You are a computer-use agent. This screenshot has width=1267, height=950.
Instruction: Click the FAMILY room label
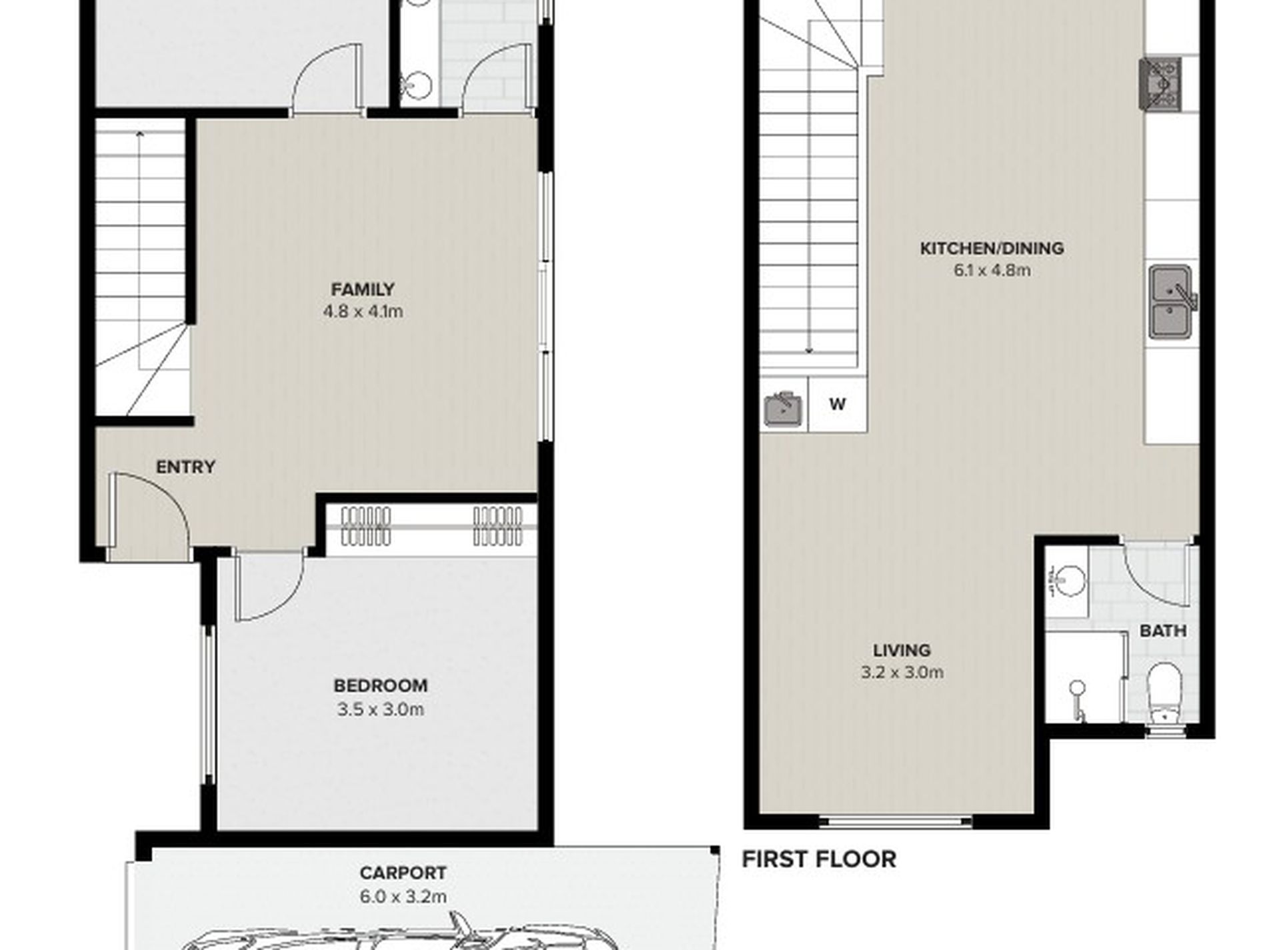click(x=363, y=289)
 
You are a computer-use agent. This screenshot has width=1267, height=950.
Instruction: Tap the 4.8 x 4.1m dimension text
click(x=363, y=311)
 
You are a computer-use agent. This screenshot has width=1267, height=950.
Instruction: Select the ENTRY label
click(x=185, y=467)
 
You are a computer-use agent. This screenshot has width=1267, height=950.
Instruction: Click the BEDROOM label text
click(x=381, y=685)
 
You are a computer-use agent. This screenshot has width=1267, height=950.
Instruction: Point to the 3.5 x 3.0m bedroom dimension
click(x=381, y=709)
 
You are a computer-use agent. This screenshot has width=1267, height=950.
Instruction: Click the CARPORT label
click(x=403, y=873)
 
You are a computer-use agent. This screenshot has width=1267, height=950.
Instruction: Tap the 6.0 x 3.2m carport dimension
click(x=403, y=897)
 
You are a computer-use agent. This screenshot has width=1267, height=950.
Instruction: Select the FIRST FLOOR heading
click(x=819, y=859)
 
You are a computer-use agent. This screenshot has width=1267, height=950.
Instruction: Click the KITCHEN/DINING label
click(x=992, y=249)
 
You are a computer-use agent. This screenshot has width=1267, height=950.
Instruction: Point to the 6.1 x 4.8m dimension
click(x=992, y=270)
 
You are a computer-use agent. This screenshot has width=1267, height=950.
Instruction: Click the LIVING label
click(x=902, y=650)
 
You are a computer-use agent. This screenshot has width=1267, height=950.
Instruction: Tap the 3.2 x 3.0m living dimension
click(x=902, y=672)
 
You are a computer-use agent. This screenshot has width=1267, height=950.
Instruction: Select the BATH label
click(x=1163, y=631)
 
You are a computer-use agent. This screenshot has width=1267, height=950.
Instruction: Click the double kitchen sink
click(x=1171, y=301)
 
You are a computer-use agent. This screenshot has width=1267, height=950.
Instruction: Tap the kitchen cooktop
click(x=1160, y=83)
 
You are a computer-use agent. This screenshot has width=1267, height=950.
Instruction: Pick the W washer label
click(x=838, y=404)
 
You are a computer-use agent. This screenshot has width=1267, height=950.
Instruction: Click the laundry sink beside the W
click(x=784, y=408)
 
